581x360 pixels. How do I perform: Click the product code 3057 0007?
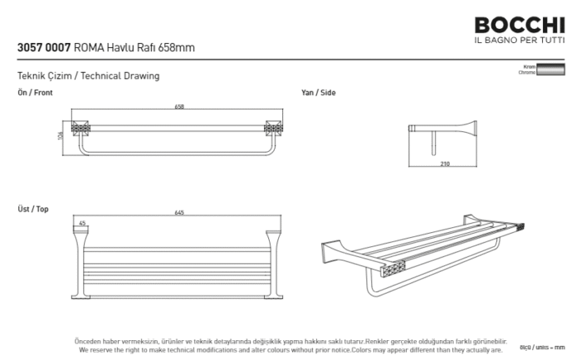point(43,48)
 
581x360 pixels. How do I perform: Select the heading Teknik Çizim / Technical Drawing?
point(88,76)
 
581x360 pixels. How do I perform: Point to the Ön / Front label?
point(35,93)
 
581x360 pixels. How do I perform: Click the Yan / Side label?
point(319,93)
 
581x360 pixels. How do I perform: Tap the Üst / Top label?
point(33,209)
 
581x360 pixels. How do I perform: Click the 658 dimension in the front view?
point(179,107)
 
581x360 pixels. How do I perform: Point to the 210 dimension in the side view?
point(444,163)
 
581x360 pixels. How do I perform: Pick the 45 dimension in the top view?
point(82,223)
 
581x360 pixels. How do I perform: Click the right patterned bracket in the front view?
point(271,129)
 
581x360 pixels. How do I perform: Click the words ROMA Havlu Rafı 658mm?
point(134,48)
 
